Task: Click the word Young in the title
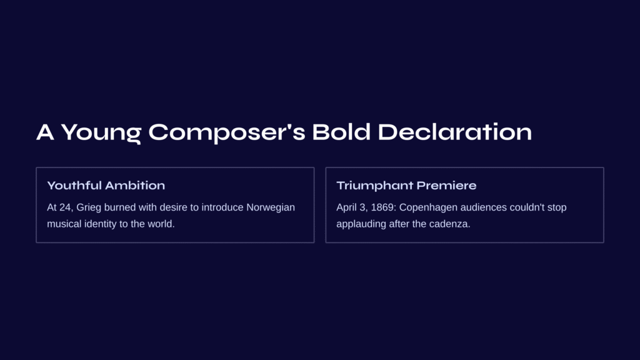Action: coord(101,132)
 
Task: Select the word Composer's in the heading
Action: coord(226,132)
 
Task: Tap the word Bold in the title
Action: coord(341,131)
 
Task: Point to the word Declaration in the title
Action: coord(455,131)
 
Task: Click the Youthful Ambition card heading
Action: coord(106,185)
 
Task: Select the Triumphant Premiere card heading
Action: coord(406,185)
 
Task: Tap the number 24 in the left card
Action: coord(65,207)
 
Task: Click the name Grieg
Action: coord(89,207)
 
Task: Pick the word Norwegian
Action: coord(271,207)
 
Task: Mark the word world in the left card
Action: coord(161,224)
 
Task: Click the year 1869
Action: coord(383,207)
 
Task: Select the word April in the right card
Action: coord(346,207)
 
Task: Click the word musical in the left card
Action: coord(64,224)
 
